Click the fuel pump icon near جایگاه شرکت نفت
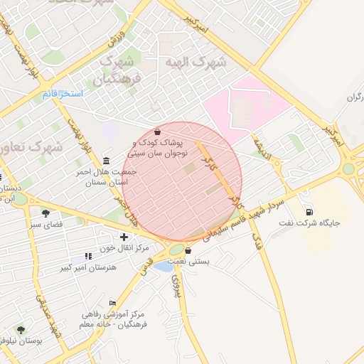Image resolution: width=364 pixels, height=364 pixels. (x=309, y=211)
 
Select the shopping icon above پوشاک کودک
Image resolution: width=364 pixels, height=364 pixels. (x=157, y=132)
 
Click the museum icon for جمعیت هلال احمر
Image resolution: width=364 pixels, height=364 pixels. (x=107, y=160)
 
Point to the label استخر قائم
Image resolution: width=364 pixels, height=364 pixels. (x=62, y=94)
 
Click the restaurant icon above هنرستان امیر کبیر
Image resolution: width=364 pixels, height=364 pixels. (x=88, y=256)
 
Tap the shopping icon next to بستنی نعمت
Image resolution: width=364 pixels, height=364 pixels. (x=188, y=250)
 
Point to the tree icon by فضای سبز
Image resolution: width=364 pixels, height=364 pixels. (x=46, y=213)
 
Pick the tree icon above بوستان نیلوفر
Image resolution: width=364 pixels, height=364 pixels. (x=21, y=330)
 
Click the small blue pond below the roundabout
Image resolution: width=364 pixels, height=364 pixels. (x=164, y=267)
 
